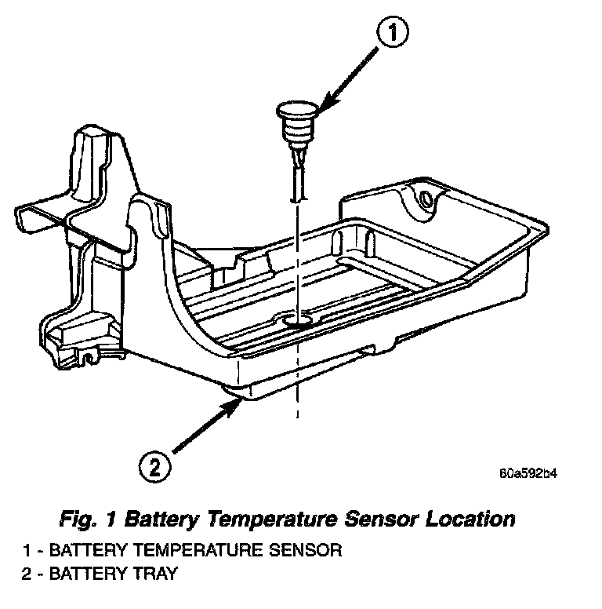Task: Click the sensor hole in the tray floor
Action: point(298,320)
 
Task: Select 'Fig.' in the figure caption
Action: point(78,520)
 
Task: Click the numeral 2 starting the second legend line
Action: point(27,574)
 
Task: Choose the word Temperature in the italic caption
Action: point(275,520)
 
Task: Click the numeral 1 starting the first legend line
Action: point(27,550)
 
